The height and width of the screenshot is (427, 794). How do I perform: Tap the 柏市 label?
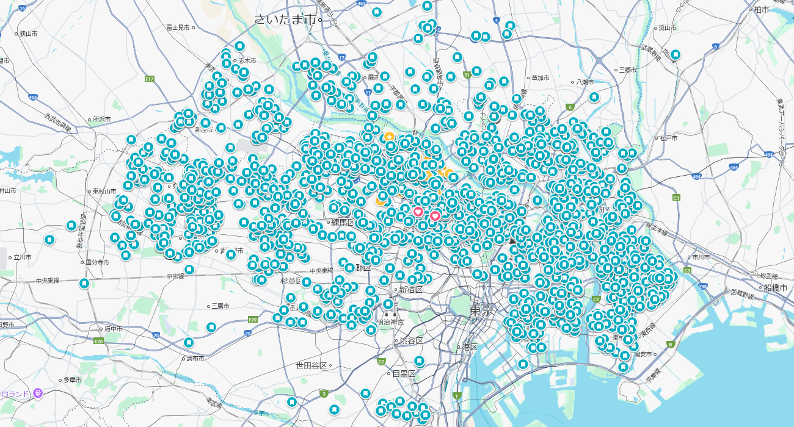pyautogui.click(x=762, y=9)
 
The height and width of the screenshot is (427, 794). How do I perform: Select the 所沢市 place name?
pyautogui.click(x=101, y=120)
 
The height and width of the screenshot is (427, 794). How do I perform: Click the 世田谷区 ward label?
pyautogui.click(x=311, y=365)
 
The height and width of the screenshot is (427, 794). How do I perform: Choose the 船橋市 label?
pyautogui.click(x=776, y=287)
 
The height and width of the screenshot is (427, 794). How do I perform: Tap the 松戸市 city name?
pyautogui.click(x=668, y=138)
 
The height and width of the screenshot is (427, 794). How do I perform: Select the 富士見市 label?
pyautogui.click(x=178, y=28)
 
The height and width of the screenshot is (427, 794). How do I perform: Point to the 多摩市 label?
pyautogui.click(x=72, y=379)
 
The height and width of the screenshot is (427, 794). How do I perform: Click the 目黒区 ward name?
pyautogui.click(x=404, y=373)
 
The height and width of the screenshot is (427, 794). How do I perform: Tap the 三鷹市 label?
pyautogui.click(x=220, y=306)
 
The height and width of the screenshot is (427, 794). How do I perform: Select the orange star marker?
pyautogui.click(x=389, y=135)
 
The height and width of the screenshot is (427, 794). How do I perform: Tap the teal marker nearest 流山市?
pyautogui.click(x=676, y=54)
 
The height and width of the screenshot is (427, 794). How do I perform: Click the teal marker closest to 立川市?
pyautogui.click(x=49, y=239)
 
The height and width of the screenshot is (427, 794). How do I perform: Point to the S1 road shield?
pyautogui.click(x=467, y=74)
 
